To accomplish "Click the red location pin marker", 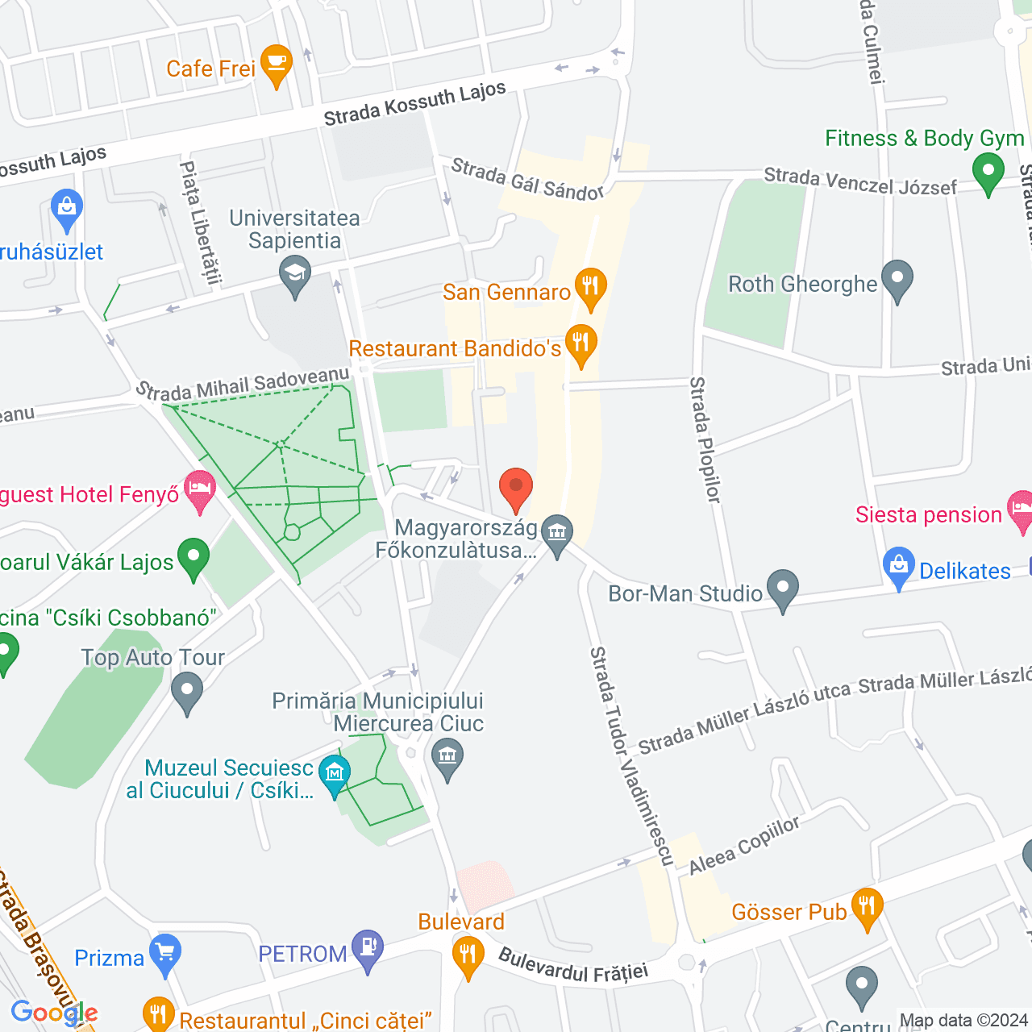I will pyautogui.click(x=516, y=489).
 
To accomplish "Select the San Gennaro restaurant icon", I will pyautogui.click(x=591, y=287).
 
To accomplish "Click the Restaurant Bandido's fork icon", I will pyautogui.click(x=580, y=343).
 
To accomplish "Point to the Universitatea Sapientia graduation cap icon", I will pyautogui.click(x=295, y=273).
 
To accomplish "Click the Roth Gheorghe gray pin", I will pyautogui.click(x=897, y=279).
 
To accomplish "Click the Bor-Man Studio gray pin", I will pyautogui.click(x=782, y=589).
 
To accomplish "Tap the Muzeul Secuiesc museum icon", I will pyautogui.click(x=334, y=773).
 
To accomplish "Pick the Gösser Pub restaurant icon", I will pyautogui.click(x=867, y=907).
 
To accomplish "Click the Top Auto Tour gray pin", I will pyautogui.click(x=187, y=691).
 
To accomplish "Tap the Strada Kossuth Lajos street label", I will pyautogui.click(x=414, y=103).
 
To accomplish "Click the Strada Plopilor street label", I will pyautogui.click(x=705, y=439).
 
